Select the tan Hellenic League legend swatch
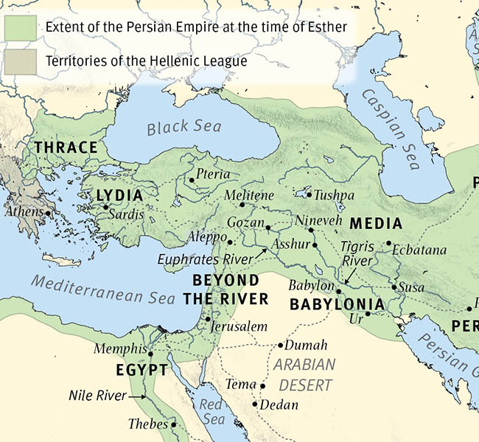(21, 63)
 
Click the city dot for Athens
(48, 214)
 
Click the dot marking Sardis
(105, 207)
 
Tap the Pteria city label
(214, 175)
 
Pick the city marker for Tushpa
(308, 196)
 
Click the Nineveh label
(318, 220)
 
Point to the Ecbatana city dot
(388, 243)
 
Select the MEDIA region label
(376, 224)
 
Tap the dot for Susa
(394, 287)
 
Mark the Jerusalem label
(237, 326)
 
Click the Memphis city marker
(150, 354)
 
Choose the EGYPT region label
(141, 370)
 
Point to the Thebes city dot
(174, 425)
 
